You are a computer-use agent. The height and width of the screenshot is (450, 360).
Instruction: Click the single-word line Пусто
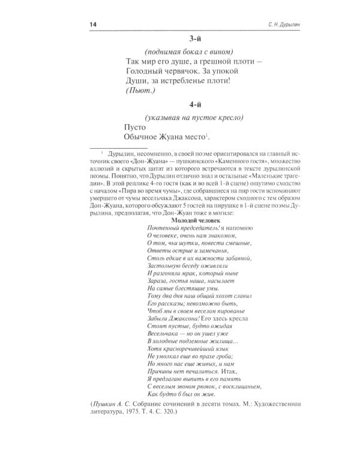click(135, 128)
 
